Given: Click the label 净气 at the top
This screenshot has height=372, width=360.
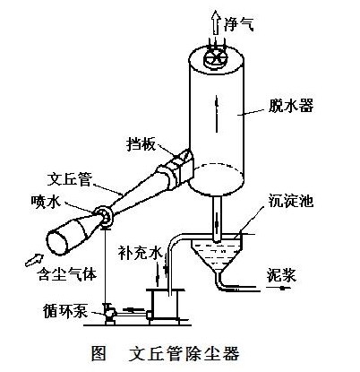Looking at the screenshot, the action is [239, 23].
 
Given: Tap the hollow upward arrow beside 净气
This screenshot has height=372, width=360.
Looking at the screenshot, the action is [215, 22].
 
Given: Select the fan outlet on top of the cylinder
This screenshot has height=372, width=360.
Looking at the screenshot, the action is [215, 58].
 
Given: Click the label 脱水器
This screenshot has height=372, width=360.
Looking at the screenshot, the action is [291, 106].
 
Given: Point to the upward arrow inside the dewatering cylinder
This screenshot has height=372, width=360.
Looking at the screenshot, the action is [217, 114].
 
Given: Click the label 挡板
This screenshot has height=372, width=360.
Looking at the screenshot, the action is [141, 144].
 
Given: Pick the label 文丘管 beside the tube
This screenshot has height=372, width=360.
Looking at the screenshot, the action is [71, 179].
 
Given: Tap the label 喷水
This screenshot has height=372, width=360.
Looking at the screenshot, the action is [46, 202].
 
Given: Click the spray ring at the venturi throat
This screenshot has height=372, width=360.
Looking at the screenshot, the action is [104, 217].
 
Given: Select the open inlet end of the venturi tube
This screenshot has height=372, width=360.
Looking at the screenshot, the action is [57, 243].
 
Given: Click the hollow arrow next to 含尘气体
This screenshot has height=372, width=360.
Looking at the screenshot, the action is [34, 260].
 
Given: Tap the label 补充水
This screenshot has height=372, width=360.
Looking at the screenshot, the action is [140, 253].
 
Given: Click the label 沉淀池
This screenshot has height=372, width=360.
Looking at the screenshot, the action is [291, 201].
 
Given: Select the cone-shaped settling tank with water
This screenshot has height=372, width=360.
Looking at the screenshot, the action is [218, 255].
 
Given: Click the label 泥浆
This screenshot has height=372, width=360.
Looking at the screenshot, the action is [281, 275].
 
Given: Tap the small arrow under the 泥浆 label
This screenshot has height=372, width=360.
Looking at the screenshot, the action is [279, 289].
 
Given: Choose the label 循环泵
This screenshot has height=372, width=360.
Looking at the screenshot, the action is [65, 311].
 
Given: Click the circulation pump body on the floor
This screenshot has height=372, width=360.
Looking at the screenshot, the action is [109, 313].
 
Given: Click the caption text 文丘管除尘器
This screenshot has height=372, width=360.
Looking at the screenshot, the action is [184, 354].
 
